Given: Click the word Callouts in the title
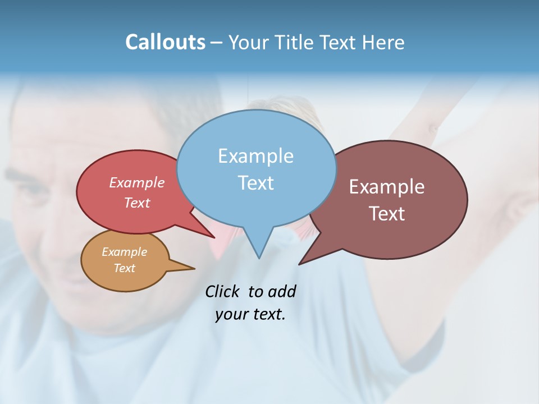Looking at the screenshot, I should [x=165, y=42].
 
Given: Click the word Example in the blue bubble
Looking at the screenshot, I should [x=255, y=156].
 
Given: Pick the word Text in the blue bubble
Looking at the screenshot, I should [x=255, y=182].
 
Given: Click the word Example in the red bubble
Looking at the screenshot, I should [x=136, y=182].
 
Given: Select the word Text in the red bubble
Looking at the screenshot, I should [x=136, y=203].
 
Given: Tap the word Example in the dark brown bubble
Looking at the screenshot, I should [x=386, y=187].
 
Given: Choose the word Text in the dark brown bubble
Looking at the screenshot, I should [x=386, y=214].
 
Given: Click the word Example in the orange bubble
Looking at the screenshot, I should [x=124, y=252].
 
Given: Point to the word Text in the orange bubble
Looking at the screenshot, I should [x=124, y=268].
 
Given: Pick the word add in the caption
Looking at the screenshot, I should [x=282, y=291].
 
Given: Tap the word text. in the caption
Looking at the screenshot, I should [x=267, y=314].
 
